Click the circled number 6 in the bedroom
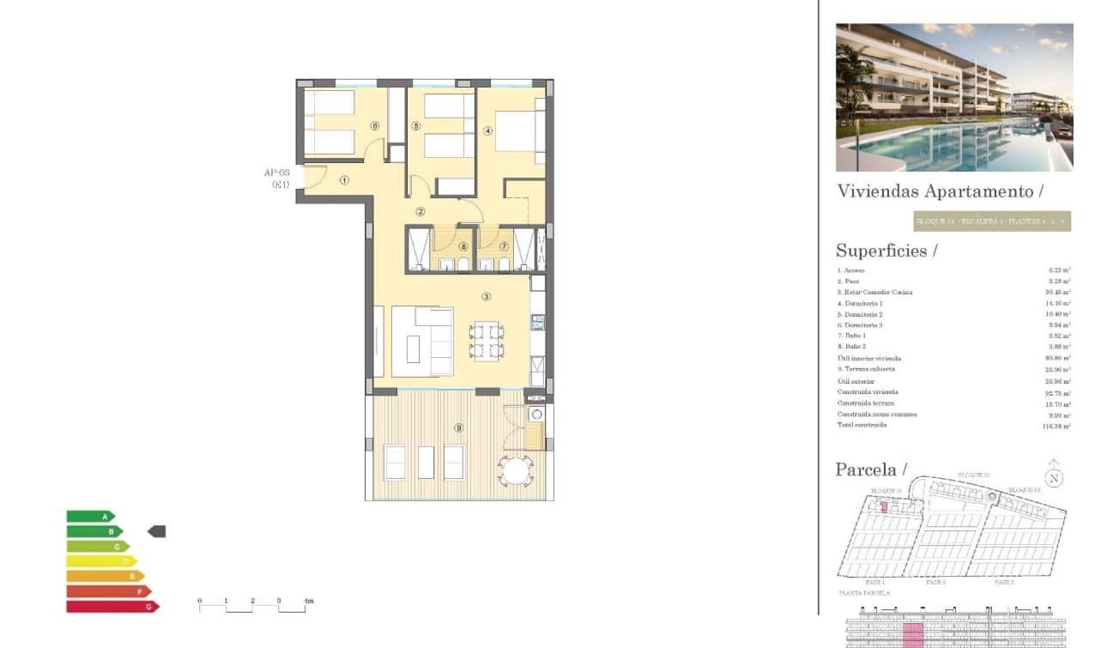click(x=375, y=125)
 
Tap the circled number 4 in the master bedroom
click(x=487, y=131)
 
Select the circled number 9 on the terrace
click(x=459, y=427)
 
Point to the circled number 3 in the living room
click(x=487, y=297)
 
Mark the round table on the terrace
click(x=517, y=471)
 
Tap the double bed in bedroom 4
click(x=515, y=131)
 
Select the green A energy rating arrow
click(x=90, y=517)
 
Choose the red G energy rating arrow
click(x=112, y=607)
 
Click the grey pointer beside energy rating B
click(x=156, y=531)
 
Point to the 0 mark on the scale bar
click(x=200, y=601)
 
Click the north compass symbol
click(x=1053, y=478)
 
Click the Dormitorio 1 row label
click(x=860, y=303)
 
